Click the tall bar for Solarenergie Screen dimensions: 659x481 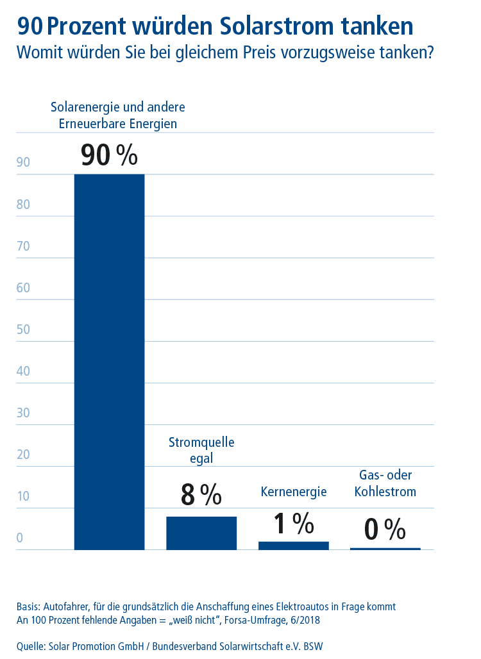click(x=109, y=362)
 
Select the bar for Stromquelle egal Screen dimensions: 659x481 click(x=201, y=533)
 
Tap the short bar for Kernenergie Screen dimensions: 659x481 click(x=293, y=546)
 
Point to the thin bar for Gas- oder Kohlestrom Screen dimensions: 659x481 click(x=385, y=549)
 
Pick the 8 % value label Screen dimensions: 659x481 click(x=201, y=494)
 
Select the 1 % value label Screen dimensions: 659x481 click(x=293, y=524)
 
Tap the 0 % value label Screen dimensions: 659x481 click(x=385, y=530)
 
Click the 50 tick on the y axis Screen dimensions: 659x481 click(x=24, y=329)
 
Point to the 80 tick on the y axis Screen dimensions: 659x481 click(x=24, y=204)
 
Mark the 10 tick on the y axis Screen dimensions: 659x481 click(x=24, y=496)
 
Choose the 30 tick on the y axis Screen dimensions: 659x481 click(x=24, y=413)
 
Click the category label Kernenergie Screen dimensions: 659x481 click(x=294, y=492)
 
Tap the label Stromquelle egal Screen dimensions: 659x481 click(x=201, y=450)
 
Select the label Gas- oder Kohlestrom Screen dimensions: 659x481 click(x=385, y=483)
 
